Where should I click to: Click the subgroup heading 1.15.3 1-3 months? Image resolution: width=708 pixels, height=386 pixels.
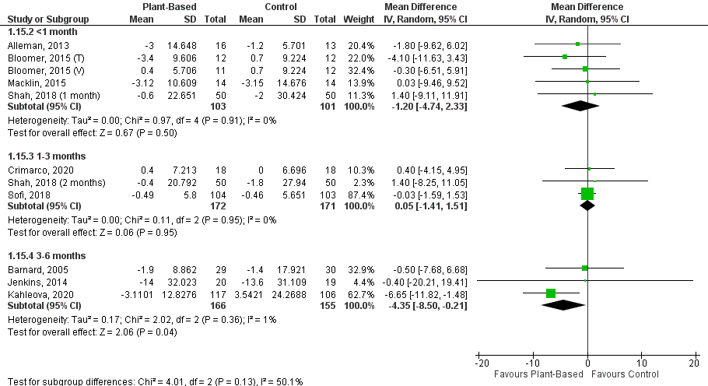[46, 156]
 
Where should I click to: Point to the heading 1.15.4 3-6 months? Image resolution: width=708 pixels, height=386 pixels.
[46, 255]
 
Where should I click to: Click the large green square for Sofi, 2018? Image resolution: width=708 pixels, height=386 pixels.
[587, 194]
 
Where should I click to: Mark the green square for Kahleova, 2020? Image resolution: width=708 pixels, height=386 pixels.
[551, 293]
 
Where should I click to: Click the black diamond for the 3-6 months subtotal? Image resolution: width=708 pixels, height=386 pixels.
[563, 306]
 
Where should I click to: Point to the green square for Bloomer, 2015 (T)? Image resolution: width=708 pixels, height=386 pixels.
[565, 57]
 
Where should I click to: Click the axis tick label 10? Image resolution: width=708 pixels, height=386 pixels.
[640, 363]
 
